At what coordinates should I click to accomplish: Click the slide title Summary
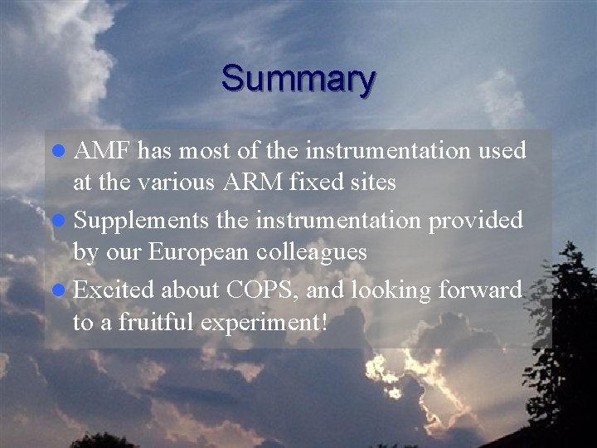click(298, 79)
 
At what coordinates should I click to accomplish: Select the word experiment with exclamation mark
click(265, 322)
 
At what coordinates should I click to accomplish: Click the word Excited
click(114, 290)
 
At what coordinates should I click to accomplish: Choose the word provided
click(475, 222)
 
